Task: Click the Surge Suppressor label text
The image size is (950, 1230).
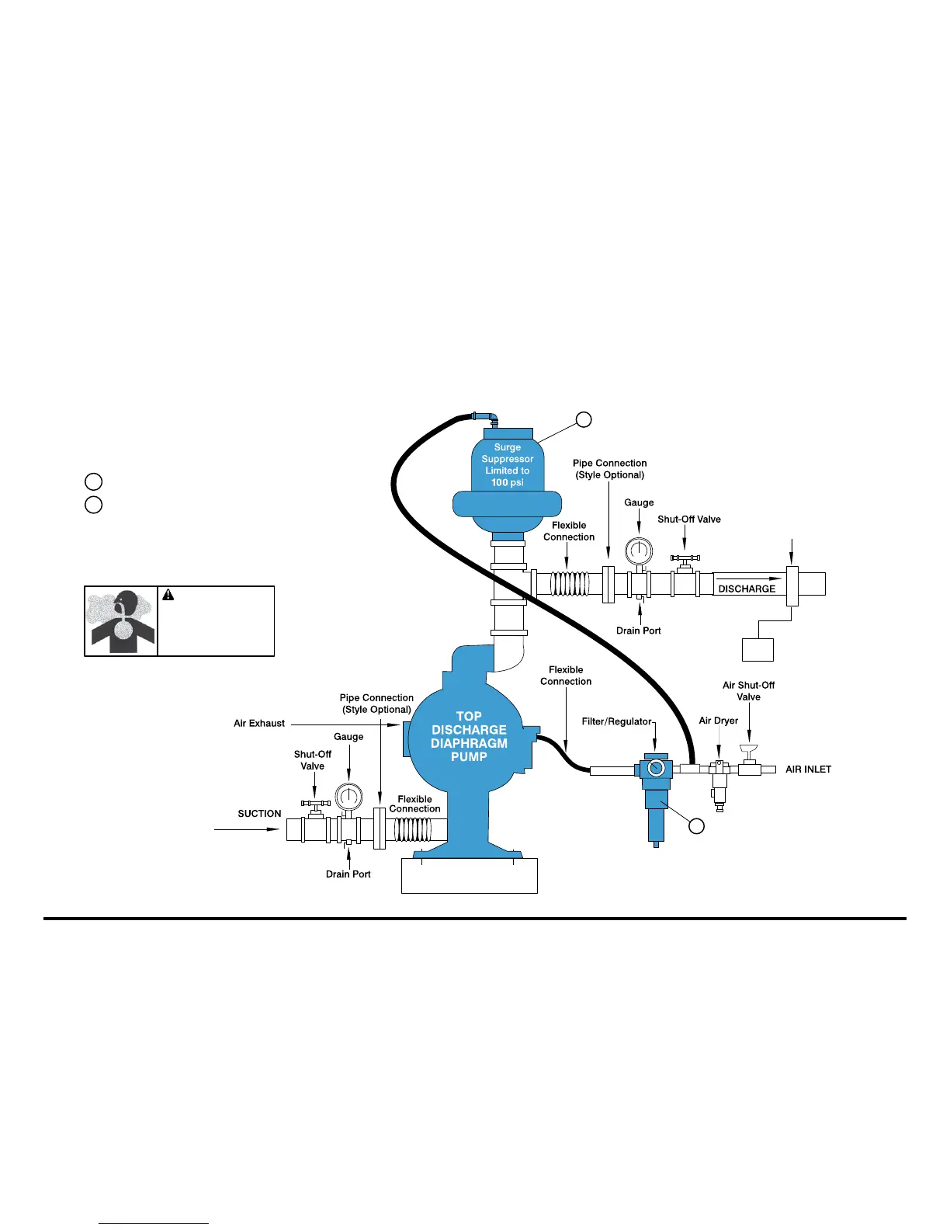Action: [x=507, y=464]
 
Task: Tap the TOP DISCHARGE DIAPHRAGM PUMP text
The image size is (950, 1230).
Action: [x=469, y=736]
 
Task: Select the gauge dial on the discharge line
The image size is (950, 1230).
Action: [x=639, y=551]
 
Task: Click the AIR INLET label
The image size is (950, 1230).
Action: [x=808, y=770]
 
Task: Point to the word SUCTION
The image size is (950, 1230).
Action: [x=259, y=814]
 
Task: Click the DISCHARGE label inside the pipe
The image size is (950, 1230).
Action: [x=747, y=589]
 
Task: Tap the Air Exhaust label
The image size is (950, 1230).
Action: [x=259, y=724]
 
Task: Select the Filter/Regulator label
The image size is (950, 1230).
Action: [x=616, y=721]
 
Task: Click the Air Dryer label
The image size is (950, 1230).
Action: [x=718, y=721]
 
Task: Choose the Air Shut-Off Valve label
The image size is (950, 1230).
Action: [x=748, y=691]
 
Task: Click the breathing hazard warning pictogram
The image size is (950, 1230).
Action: [x=121, y=621]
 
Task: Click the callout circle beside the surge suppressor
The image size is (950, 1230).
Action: [x=584, y=419]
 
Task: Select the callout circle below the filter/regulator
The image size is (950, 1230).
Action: [x=696, y=826]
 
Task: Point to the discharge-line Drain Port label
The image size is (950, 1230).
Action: [x=638, y=631]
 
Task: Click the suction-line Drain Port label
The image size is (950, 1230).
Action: [x=348, y=874]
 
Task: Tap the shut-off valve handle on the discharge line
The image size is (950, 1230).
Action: [x=685, y=558]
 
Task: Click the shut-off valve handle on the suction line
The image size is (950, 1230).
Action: [x=316, y=804]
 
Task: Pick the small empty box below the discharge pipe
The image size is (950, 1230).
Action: [x=758, y=649]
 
